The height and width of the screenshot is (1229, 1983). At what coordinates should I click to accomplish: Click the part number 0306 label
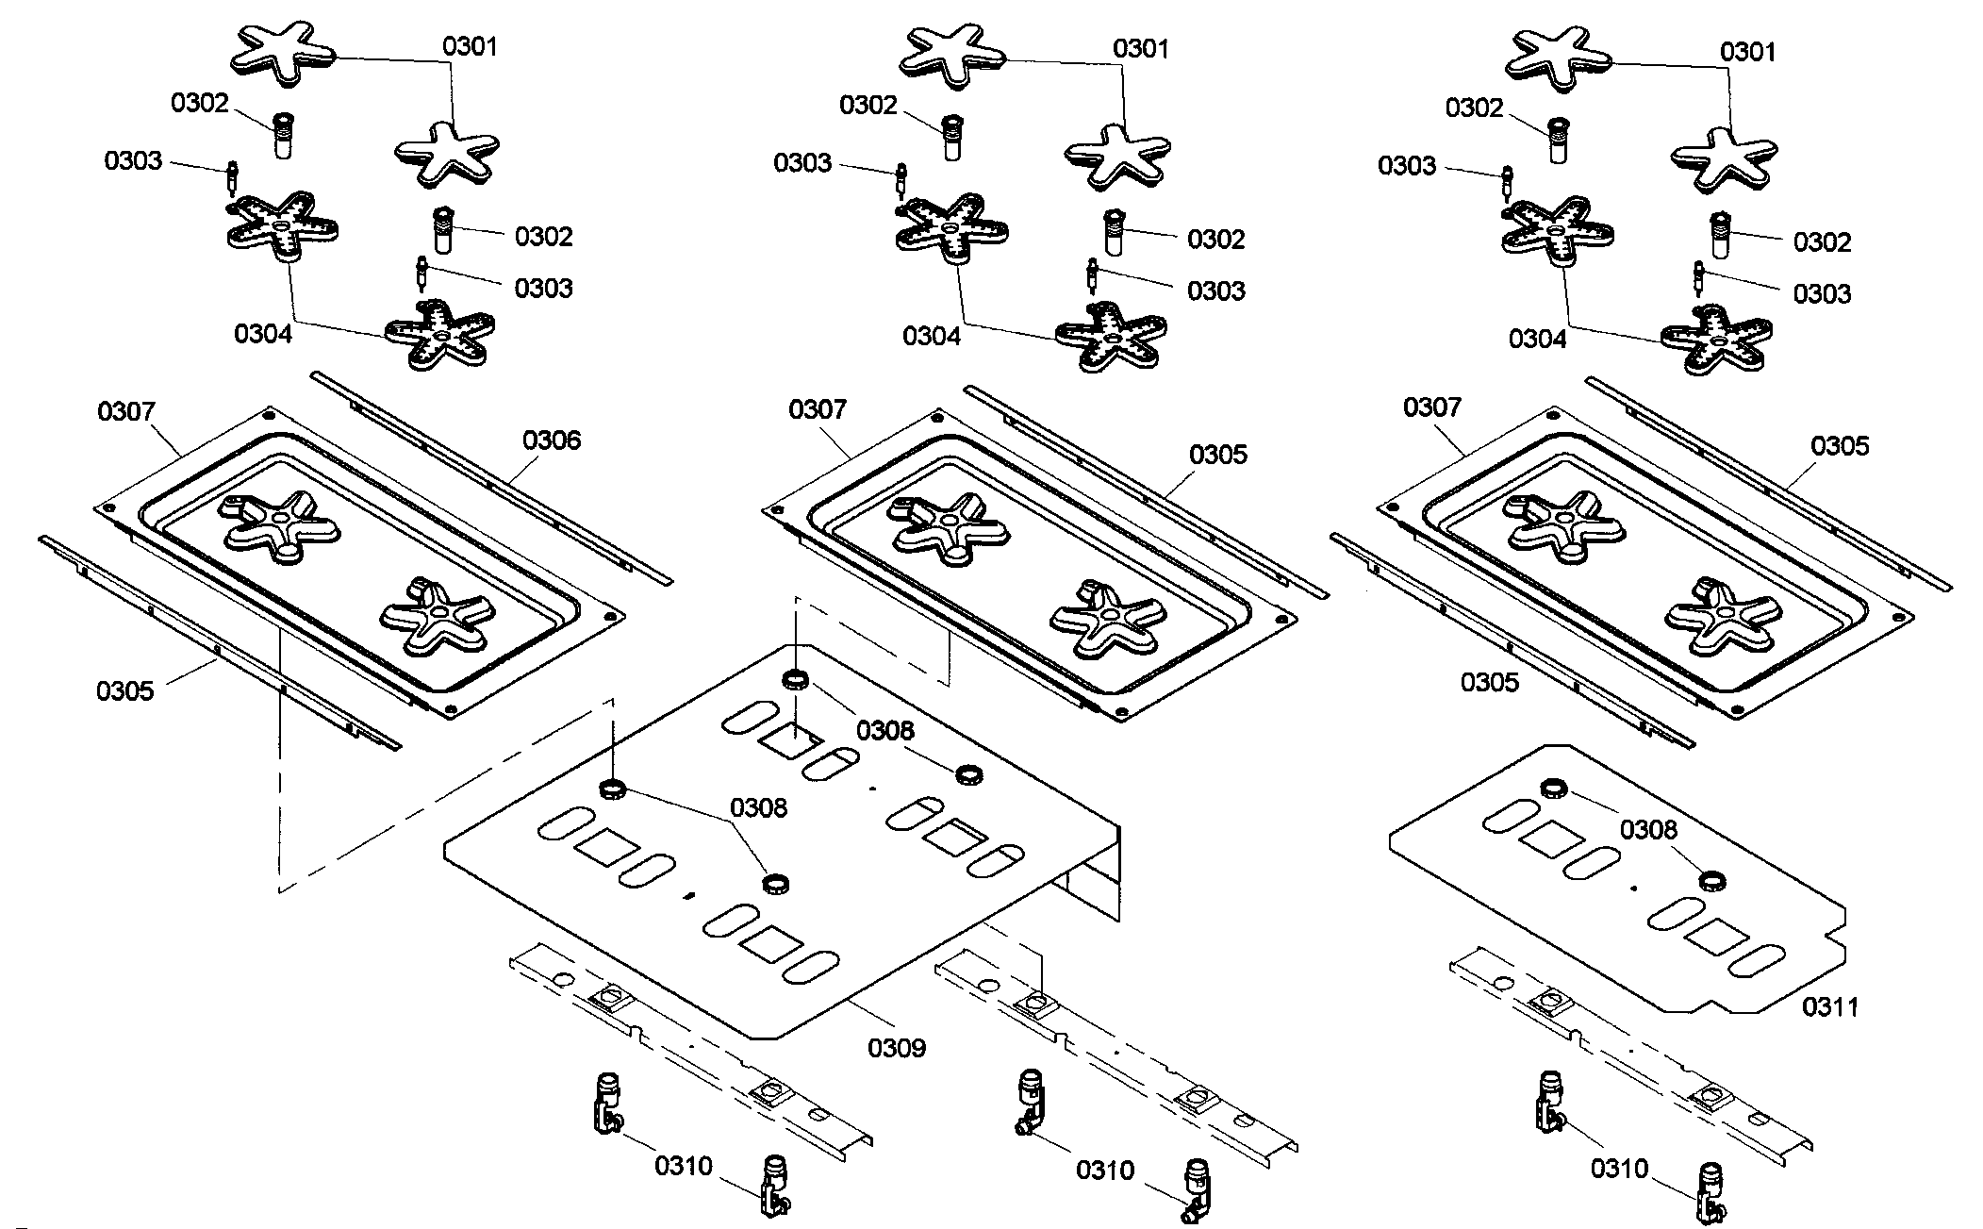(x=552, y=440)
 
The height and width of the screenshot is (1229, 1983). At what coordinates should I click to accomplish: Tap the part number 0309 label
(x=897, y=1048)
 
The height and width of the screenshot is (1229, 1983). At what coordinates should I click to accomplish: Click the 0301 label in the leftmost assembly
(x=470, y=47)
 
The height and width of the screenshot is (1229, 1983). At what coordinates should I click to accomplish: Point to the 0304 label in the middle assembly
(x=931, y=337)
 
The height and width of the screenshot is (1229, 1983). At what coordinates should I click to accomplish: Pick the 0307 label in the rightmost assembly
(x=1431, y=407)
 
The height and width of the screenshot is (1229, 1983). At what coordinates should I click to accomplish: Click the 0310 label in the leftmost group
(x=684, y=1167)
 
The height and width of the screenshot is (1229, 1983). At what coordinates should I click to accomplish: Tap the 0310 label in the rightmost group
(x=1619, y=1170)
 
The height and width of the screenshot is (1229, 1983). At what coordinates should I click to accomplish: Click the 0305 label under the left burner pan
(x=124, y=691)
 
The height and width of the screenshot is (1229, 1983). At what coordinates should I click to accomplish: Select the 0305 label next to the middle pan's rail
(x=1217, y=455)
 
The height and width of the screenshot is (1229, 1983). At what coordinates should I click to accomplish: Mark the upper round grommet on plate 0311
(x=1552, y=789)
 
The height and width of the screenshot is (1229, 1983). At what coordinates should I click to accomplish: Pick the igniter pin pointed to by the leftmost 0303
(x=232, y=176)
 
